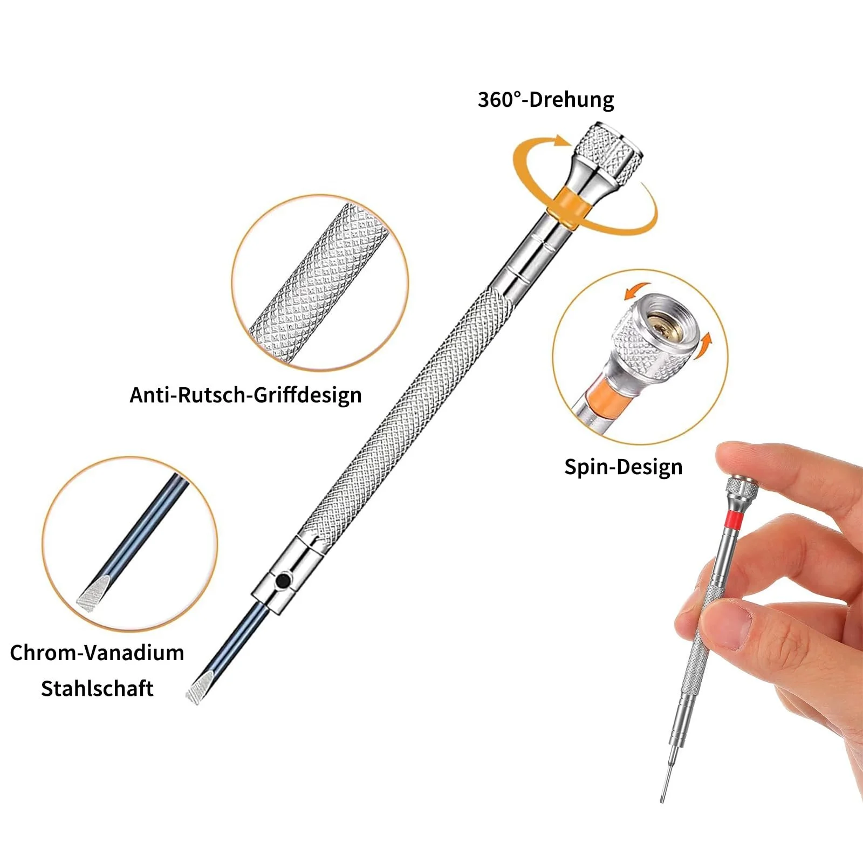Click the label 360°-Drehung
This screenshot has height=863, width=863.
pos(546,100)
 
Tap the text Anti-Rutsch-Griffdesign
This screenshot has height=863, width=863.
pos(245,395)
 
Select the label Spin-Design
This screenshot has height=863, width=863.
pos(624,467)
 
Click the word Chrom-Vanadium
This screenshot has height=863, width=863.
pos(97,653)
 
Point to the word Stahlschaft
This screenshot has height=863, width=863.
pos(97,688)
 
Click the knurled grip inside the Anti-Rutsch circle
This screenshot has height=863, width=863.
pos(318,283)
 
